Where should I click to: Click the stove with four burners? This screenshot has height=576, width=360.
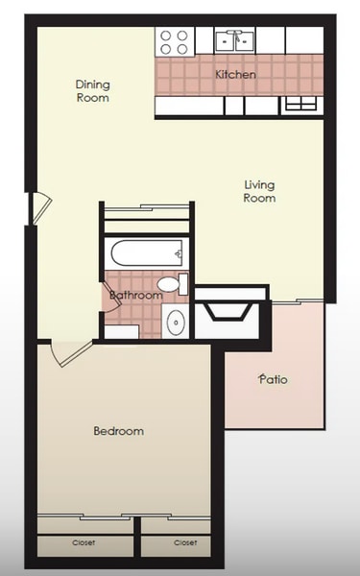click(x=174, y=40)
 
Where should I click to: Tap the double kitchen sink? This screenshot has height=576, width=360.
click(x=234, y=39)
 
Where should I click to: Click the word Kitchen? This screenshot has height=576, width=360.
click(x=234, y=74)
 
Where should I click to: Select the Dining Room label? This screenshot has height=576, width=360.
click(x=92, y=91)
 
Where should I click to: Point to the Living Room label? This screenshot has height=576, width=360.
click(x=259, y=191)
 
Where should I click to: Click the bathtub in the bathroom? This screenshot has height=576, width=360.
click(x=147, y=255)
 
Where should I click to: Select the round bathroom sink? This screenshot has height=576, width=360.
click(x=177, y=323)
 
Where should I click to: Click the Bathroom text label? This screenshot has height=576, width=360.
click(x=134, y=296)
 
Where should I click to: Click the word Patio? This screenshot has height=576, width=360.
click(x=274, y=379)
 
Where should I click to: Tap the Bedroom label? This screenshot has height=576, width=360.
click(x=118, y=431)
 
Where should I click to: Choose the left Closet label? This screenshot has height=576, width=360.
click(x=84, y=542)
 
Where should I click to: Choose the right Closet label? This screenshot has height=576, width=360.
click(x=185, y=542)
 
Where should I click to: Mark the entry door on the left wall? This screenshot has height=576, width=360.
click(x=36, y=207)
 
